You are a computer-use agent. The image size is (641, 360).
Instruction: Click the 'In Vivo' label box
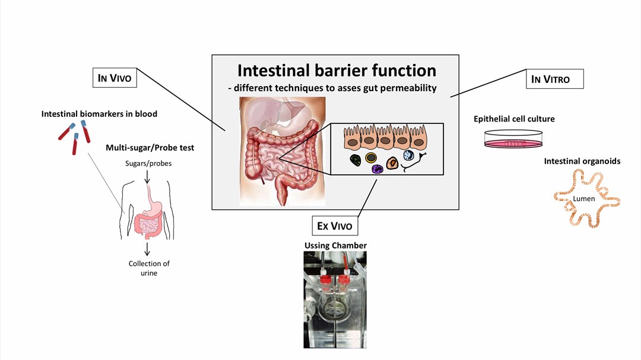click(x=115, y=78)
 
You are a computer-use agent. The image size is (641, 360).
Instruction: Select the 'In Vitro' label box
click(x=554, y=79)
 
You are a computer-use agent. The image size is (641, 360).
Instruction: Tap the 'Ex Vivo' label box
click(x=335, y=226)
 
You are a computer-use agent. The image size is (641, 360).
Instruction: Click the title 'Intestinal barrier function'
click(x=337, y=70)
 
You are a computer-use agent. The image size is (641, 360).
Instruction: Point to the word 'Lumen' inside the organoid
click(x=584, y=199)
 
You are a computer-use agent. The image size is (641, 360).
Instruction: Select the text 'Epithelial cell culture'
click(x=514, y=119)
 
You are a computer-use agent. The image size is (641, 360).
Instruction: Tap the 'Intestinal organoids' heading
click(x=582, y=161)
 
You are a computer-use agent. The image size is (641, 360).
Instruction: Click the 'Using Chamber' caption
click(x=335, y=246)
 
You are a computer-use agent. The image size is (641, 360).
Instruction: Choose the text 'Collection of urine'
click(x=149, y=268)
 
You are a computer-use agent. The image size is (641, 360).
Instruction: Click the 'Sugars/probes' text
click(x=148, y=163)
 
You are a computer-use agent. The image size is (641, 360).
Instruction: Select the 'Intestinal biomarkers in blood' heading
click(x=99, y=113)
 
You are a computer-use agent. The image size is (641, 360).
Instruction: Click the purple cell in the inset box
click(x=376, y=168)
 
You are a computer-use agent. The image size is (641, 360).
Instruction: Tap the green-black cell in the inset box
click(x=355, y=160)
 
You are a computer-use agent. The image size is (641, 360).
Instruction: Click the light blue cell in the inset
click(x=408, y=155)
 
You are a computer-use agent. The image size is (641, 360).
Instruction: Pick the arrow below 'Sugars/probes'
click(x=147, y=176)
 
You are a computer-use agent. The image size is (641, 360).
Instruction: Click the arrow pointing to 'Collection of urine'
click(x=147, y=248)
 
